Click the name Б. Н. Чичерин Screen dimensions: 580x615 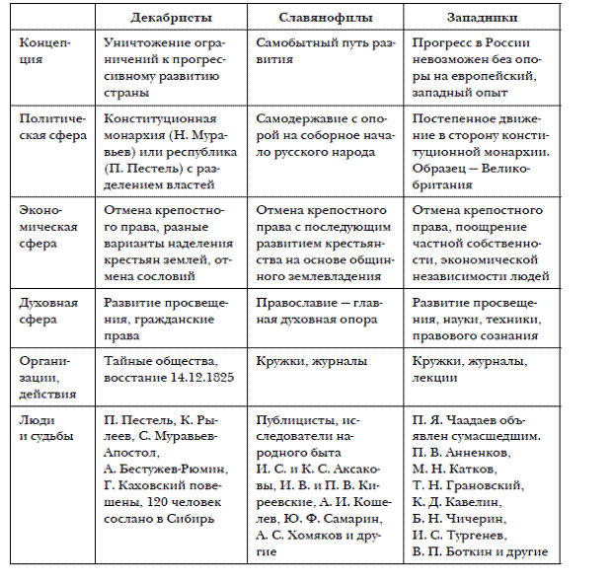point(457,516)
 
